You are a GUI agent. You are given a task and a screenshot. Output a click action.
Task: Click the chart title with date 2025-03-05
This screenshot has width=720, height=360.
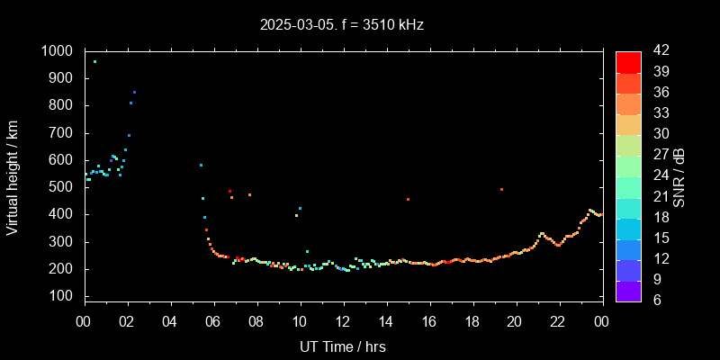tap(341, 24)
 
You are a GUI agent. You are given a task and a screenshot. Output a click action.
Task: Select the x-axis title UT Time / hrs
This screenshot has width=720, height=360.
tap(343, 346)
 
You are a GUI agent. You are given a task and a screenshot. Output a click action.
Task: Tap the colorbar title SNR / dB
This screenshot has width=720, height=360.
tap(679, 175)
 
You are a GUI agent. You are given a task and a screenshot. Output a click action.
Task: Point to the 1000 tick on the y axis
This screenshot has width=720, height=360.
tap(59, 51)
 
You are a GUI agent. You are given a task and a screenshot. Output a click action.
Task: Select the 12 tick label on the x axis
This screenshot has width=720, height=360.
tap(343, 321)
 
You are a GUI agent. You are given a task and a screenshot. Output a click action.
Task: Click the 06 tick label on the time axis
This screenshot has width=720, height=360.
tap(213, 321)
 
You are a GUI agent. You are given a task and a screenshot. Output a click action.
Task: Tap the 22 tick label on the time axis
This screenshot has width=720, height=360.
tap(558, 321)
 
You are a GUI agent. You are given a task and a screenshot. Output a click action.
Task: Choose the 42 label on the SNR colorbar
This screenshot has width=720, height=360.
tap(655, 51)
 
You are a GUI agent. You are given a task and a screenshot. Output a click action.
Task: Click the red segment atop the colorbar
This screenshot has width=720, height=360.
tap(627, 61)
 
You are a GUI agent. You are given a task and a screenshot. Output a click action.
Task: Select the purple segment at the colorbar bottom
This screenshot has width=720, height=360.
tap(627, 290)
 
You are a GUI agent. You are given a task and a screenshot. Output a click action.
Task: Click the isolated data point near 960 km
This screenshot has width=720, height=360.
tap(94, 62)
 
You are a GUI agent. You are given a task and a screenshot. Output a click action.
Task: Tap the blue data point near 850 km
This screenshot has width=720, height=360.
tap(134, 92)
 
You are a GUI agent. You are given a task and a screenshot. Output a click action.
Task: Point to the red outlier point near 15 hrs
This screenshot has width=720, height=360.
tap(408, 199)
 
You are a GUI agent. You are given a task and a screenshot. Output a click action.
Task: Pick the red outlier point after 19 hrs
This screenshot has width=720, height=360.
tap(501, 189)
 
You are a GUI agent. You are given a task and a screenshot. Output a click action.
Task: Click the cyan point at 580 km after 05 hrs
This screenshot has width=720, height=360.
tap(201, 165)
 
